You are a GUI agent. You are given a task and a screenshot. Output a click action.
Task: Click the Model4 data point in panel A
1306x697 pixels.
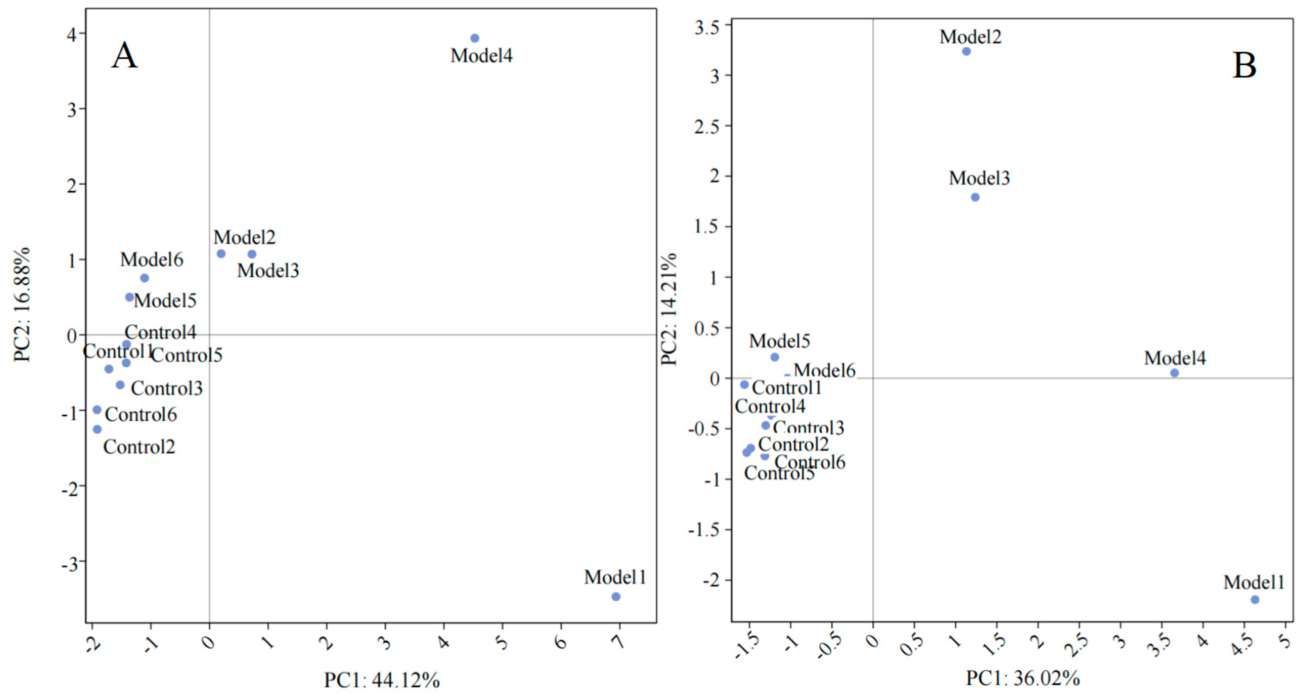(x=475, y=38)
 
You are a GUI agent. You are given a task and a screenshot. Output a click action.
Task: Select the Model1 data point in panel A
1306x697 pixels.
(x=616, y=597)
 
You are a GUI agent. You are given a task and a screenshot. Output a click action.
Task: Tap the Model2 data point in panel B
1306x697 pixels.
(x=966, y=51)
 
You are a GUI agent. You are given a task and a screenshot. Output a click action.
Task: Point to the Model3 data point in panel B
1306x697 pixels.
(x=975, y=197)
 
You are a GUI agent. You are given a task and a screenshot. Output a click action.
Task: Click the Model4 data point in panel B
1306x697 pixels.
(x=1174, y=373)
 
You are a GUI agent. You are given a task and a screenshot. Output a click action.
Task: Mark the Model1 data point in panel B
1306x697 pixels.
(x=1255, y=600)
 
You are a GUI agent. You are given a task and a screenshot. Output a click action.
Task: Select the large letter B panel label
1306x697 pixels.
(x=1244, y=66)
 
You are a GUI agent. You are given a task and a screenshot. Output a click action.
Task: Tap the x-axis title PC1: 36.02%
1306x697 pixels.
(x=1023, y=678)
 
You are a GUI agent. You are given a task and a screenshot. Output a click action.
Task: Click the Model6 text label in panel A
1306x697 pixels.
(x=151, y=259)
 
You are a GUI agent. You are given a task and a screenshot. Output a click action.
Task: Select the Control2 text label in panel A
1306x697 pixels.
(x=139, y=447)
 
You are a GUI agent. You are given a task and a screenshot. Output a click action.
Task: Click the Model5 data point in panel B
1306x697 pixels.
(x=774, y=357)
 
